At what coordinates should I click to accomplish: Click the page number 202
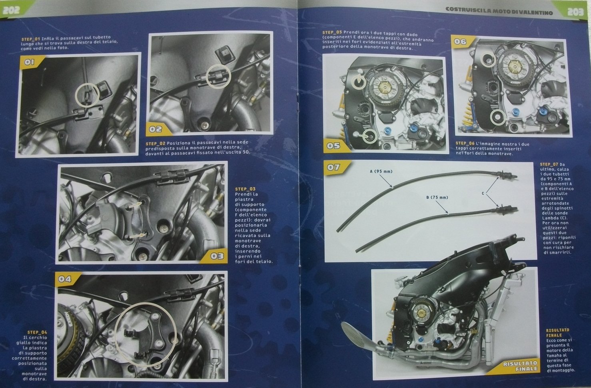[x=11, y=10]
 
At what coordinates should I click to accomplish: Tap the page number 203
[x=575, y=12]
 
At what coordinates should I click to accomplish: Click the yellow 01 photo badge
[x=32, y=62]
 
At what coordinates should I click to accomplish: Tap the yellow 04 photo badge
[x=66, y=279]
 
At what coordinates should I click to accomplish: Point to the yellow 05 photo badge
[x=335, y=146]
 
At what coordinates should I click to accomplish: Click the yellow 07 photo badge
[x=335, y=167]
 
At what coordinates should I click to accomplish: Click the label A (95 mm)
[x=381, y=172]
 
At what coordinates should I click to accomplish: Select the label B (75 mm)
[x=437, y=198]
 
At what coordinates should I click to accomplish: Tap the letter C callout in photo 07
[x=483, y=194]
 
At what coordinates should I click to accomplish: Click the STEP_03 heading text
[x=245, y=189]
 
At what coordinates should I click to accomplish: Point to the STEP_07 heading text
[x=549, y=164]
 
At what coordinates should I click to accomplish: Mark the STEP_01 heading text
[x=31, y=39]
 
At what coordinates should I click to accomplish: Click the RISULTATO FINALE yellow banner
[x=517, y=366]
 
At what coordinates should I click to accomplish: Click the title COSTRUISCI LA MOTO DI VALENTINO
[x=499, y=10]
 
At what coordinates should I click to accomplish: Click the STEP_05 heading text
[x=332, y=32]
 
